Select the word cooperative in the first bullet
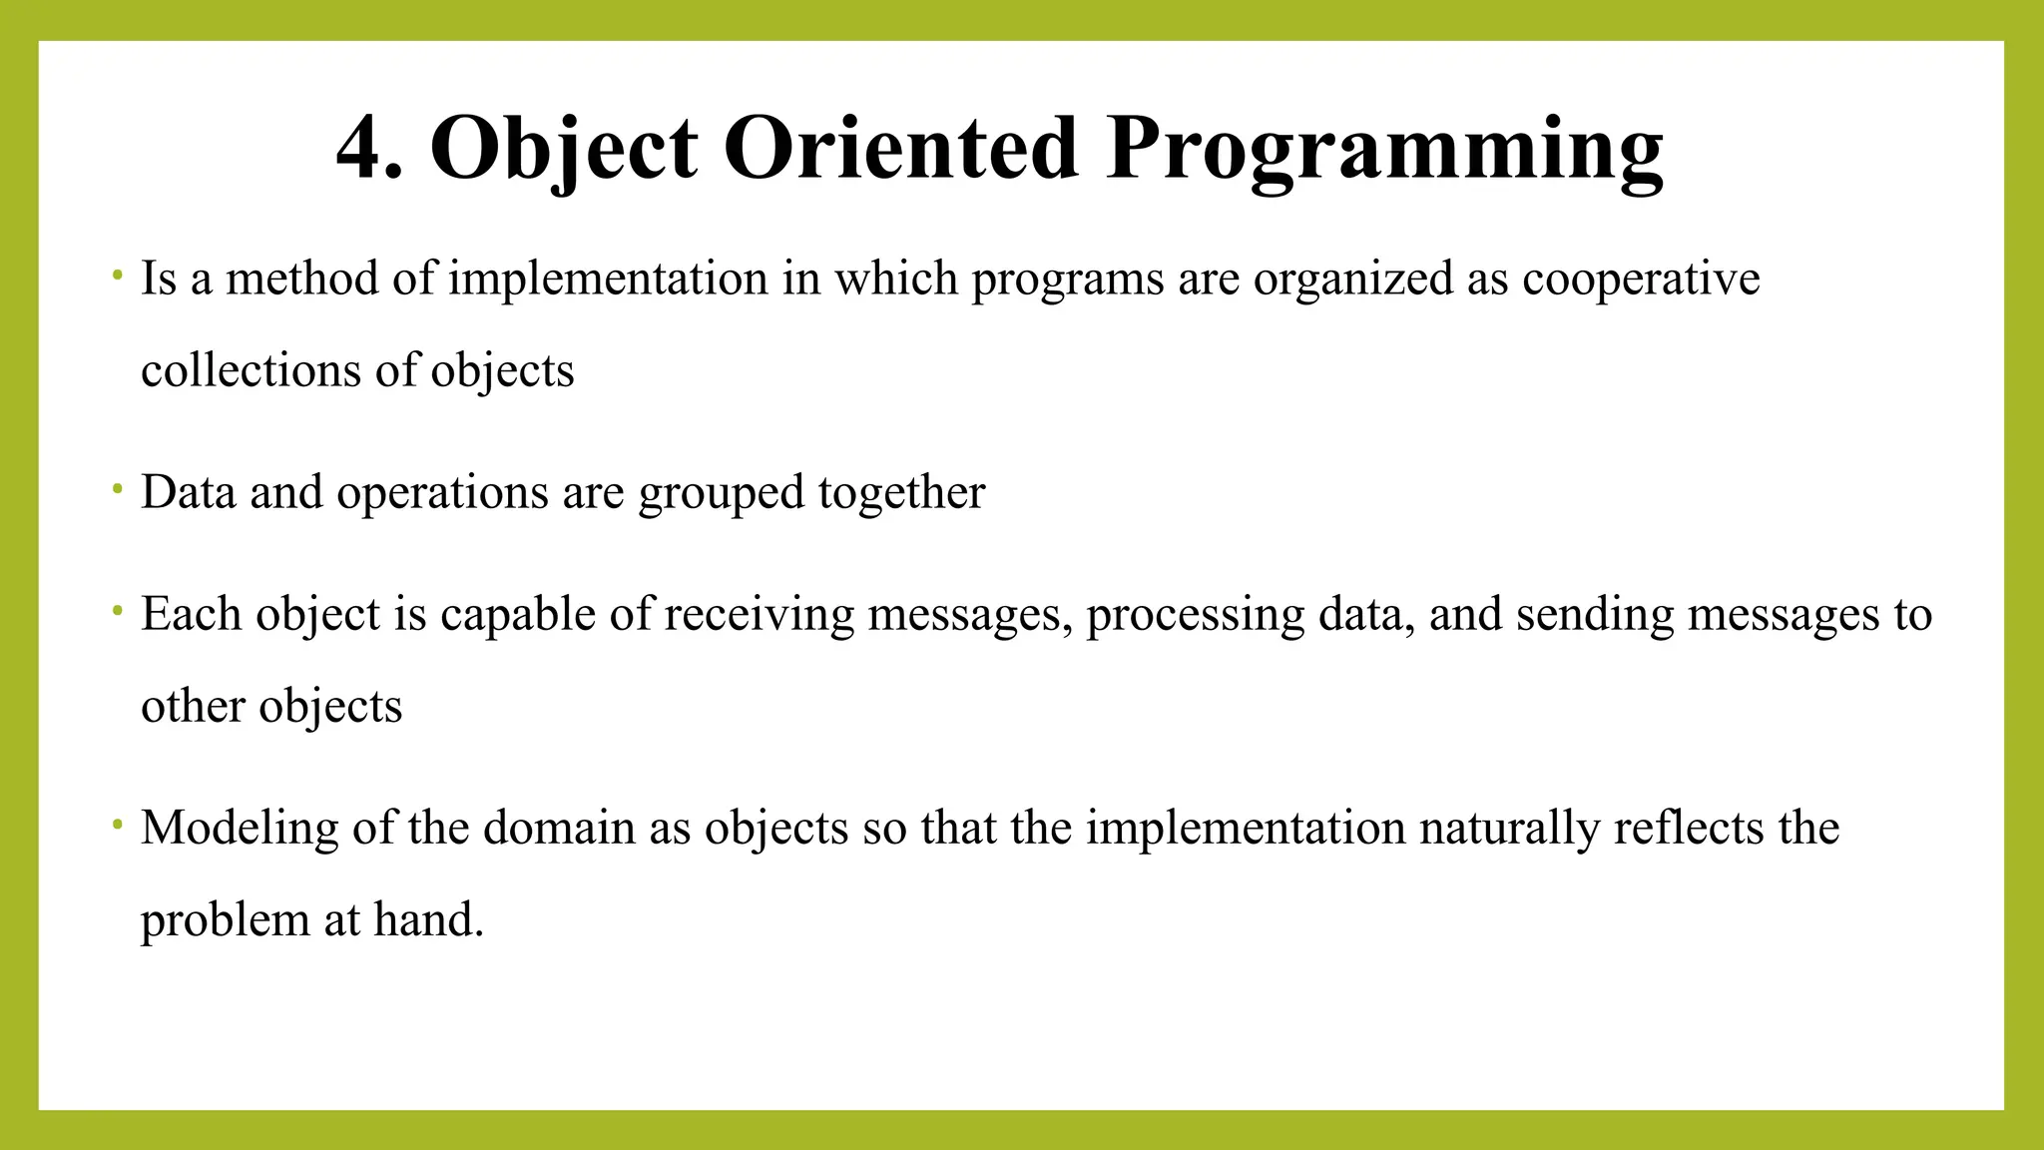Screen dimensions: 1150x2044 click(x=1640, y=280)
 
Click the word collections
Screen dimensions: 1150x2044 click(x=251, y=371)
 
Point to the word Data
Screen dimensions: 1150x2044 click(x=189, y=492)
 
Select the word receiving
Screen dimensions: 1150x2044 click(x=759, y=615)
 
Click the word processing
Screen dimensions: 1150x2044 click(x=1195, y=615)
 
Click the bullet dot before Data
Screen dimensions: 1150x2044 click(x=118, y=489)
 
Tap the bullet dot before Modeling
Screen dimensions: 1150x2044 click(x=118, y=825)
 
